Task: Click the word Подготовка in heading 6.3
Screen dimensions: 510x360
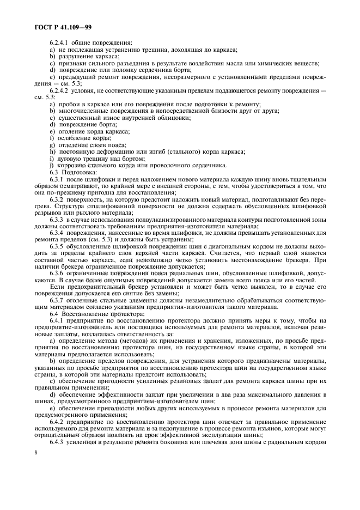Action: (x=78, y=171)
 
